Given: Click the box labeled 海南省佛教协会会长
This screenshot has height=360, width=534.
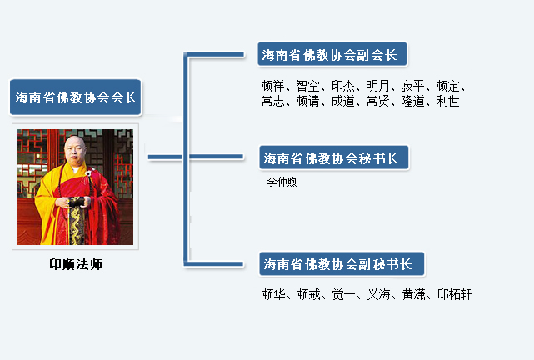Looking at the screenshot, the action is coord(75,97).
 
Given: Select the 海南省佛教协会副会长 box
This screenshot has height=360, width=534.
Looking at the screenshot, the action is coord(332,54).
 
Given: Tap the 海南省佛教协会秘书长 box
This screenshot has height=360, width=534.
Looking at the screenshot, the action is coord(334,157).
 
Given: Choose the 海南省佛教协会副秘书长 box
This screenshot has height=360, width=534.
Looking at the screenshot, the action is coord(342,264).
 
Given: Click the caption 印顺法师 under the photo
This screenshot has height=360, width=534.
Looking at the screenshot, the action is coord(76,264).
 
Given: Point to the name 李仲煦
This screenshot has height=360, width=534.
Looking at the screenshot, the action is coord(282,182).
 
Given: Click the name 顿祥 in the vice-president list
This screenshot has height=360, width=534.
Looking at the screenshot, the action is coord(272,86).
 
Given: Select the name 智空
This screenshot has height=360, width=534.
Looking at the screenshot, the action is coord(307,86).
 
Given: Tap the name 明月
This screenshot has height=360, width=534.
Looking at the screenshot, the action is coord(377,86).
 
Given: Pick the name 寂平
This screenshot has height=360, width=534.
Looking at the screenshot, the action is coord(412,86).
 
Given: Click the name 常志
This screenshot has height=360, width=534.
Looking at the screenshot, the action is coord(272,101).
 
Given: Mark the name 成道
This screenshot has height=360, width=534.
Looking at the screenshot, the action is coord(342,101).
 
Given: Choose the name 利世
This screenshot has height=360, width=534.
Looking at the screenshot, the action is coord(447,101).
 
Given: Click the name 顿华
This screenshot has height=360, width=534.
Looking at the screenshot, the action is coord(274,294).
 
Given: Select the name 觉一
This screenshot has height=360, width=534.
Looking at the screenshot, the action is coord(343,294).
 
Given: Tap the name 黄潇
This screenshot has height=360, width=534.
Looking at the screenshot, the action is coord(414,294).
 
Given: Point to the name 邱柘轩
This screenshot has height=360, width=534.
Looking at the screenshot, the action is coord(454,294).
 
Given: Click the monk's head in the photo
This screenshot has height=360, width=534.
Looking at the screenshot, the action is coord(75,150).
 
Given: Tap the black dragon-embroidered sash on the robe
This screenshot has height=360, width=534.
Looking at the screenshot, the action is coord(77,220).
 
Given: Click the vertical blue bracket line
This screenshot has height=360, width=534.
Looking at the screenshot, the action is coord(186,158).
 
